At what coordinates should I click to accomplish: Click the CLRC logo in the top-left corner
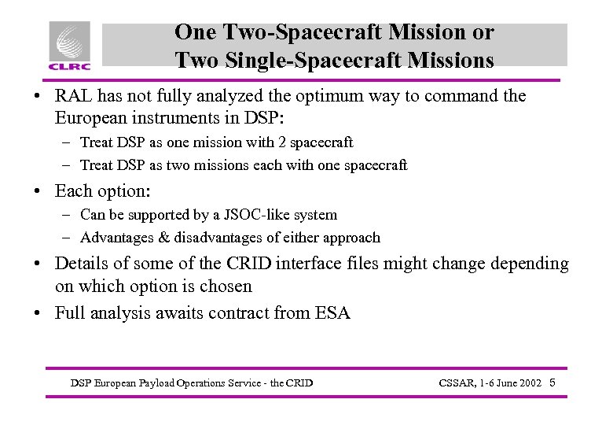coord(70,46)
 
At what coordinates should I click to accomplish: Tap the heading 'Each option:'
coord(102,191)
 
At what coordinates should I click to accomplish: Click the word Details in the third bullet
coord(83,264)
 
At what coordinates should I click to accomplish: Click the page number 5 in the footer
coord(553,382)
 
